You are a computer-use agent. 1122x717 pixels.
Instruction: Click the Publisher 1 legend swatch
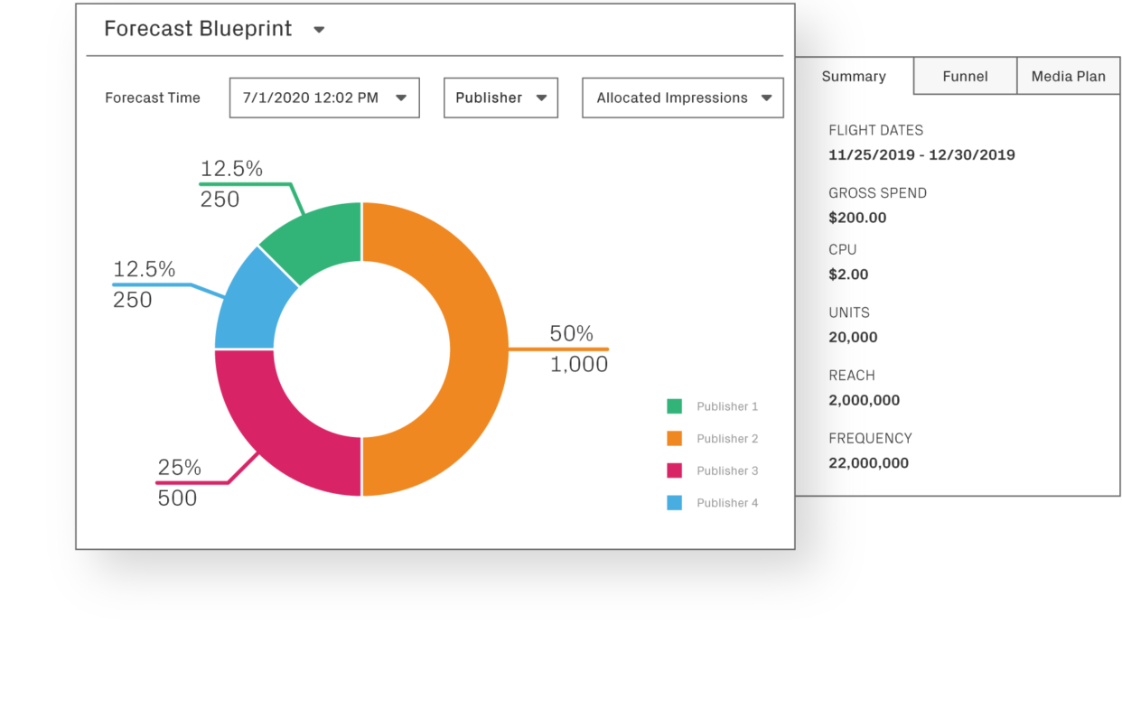(674, 406)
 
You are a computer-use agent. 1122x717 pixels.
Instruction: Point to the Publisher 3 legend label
(727, 470)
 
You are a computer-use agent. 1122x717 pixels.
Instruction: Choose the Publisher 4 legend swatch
(674, 503)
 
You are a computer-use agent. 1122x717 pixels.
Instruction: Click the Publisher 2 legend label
(727, 439)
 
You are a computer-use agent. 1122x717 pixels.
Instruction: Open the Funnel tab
(965, 77)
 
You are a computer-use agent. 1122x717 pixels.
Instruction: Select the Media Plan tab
(1068, 77)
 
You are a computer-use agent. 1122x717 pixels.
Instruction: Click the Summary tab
(854, 77)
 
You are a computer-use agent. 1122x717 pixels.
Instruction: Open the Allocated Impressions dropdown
(683, 98)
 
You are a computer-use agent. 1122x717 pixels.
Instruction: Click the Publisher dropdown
(500, 98)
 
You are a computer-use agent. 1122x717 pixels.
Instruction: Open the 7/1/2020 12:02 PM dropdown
(324, 98)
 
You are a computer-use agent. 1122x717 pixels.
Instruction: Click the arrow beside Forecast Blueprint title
(319, 30)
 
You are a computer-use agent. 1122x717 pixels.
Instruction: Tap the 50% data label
(571, 333)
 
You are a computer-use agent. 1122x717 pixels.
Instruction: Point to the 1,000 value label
(579, 364)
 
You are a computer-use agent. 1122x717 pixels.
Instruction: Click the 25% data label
(179, 468)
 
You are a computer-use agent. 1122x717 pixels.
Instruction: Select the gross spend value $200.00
(857, 218)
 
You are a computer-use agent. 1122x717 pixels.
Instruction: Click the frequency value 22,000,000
(868, 463)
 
